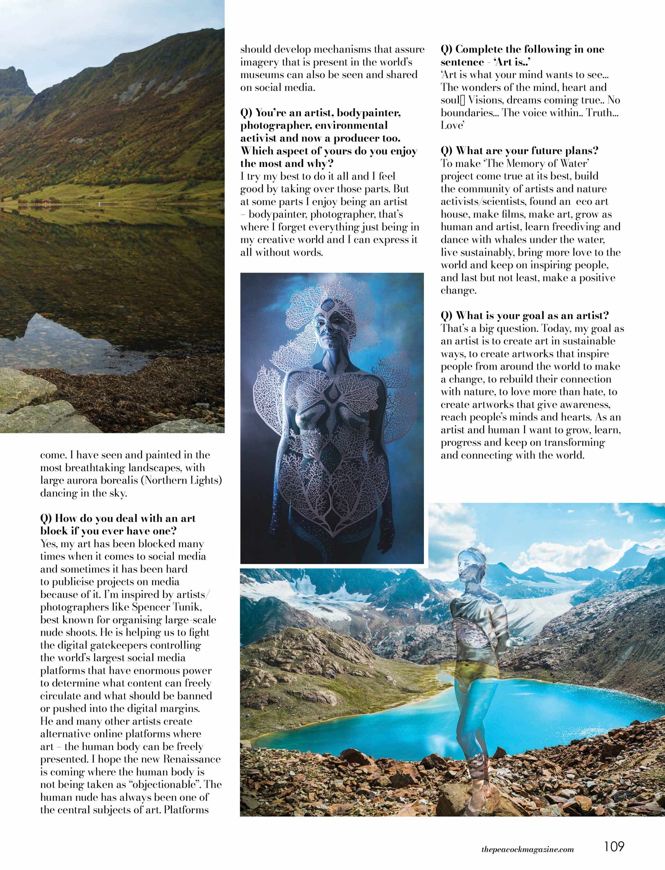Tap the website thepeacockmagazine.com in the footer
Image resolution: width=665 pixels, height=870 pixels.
(527, 847)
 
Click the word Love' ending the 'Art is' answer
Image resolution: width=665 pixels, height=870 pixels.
(452, 125)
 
